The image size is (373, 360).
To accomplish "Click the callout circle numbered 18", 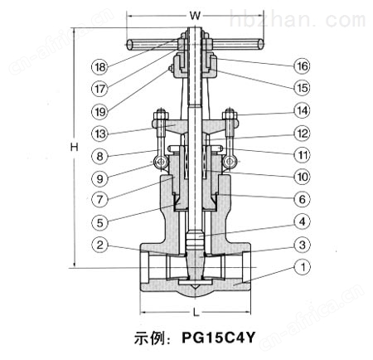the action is tap(100, 66).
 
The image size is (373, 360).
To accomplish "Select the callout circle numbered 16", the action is tap(302, 66).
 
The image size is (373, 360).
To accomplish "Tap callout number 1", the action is tap(303, 267).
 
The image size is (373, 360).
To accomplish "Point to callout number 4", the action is tap(302, 221).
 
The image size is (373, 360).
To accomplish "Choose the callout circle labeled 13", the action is tap(100, 134).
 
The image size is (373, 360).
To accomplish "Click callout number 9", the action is tap(100, 178).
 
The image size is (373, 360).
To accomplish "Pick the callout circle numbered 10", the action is tap(302, 177).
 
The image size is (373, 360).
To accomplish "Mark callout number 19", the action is tap(100, 111).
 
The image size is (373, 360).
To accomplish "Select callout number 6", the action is tap(302, 199).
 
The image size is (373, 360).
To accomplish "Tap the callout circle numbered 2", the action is tap(100, 245).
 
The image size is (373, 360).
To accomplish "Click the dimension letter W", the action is tap(195, 16).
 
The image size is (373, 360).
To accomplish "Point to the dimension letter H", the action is tap(74, 147).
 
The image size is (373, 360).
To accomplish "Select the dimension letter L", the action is tap(196, 313).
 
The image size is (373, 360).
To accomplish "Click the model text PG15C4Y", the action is tap(218, 338).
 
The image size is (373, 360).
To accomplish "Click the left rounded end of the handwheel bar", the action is tap(130, 45).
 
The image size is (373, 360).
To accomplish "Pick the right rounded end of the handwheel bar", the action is tap(260, 45).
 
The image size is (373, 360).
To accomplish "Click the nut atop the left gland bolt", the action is tap(160, 114).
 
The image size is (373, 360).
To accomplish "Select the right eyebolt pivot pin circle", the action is tap(230, 162).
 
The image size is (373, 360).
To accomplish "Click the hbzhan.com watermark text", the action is tap(298, 18).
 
